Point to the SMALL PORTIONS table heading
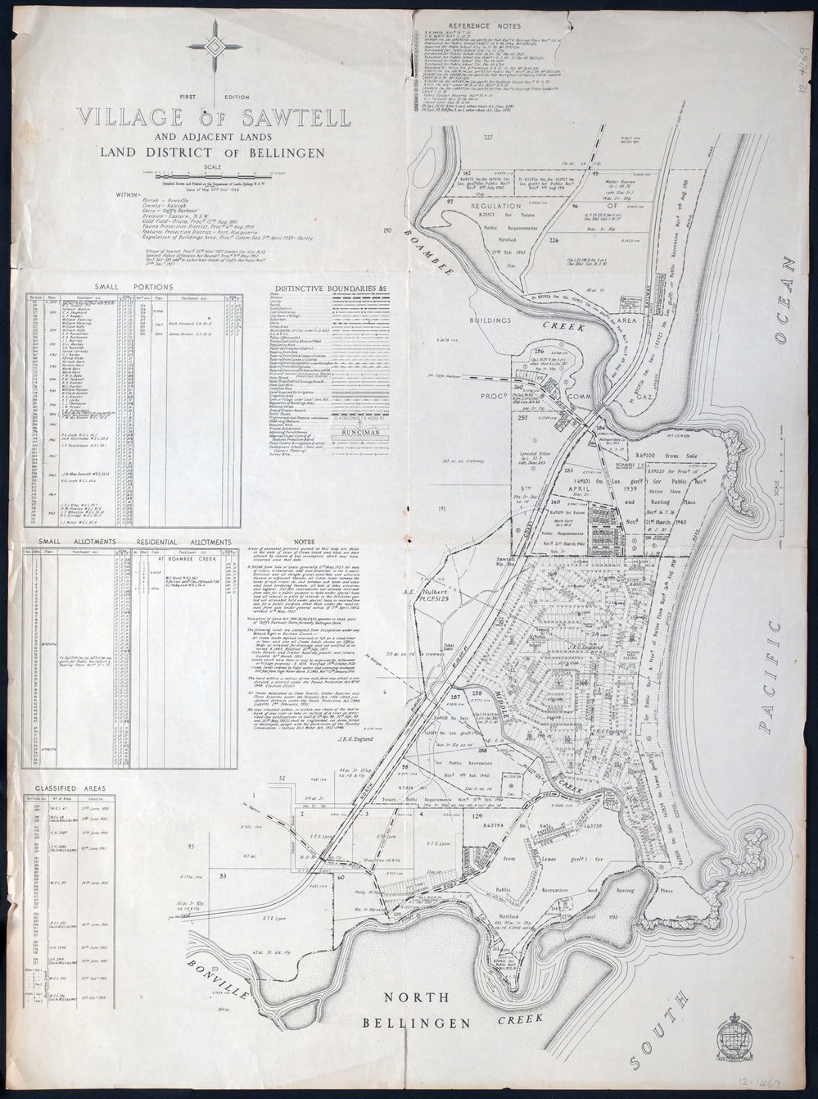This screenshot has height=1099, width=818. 133,286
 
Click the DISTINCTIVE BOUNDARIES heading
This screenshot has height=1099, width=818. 330,289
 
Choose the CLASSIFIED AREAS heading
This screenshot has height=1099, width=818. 70,788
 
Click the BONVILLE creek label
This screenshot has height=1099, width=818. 215,979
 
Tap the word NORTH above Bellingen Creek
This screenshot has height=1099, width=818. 418,997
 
